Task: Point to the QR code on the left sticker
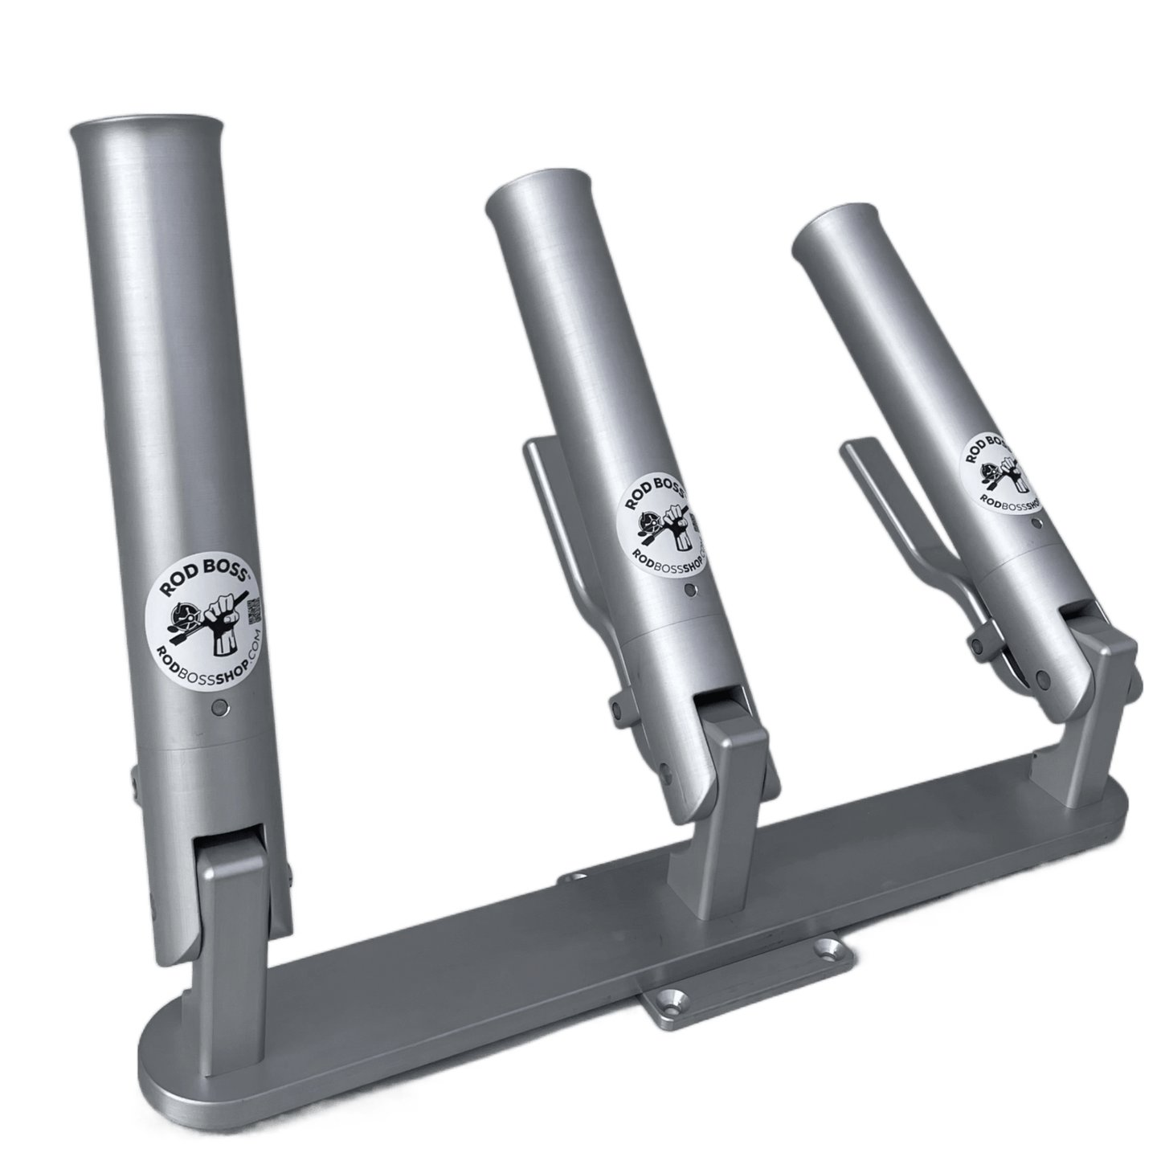tap(253, 608)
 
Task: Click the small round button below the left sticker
tap(219, 708)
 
